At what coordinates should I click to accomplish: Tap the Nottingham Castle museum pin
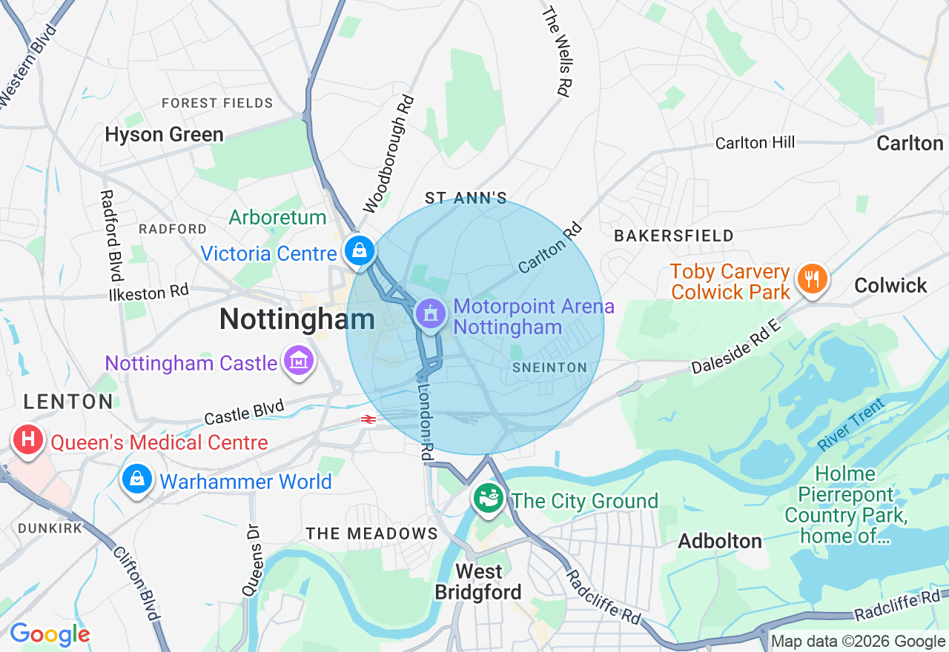299,362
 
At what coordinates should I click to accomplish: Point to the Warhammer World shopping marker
137,479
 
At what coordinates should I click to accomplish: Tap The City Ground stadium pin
489,499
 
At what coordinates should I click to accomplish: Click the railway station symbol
368,419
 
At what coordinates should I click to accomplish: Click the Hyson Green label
164,135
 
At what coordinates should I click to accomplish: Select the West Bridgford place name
479,582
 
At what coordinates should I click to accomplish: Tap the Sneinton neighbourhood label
549,367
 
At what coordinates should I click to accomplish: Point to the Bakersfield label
674,236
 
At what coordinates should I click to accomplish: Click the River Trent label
850,425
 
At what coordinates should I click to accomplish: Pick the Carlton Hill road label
755,142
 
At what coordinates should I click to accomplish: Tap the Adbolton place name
720,541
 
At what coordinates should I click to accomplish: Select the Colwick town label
890,285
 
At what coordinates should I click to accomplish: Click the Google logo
50,634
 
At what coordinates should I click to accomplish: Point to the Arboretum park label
277,217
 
